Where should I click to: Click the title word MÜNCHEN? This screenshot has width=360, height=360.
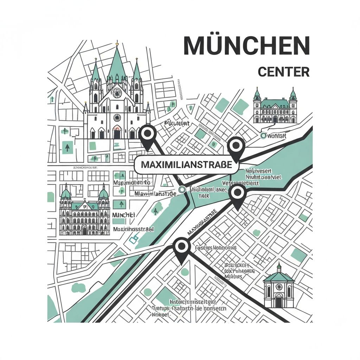(246, 45)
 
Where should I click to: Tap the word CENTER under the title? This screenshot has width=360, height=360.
(283, 72)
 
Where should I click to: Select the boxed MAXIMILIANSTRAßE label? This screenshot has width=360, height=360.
(186, 165)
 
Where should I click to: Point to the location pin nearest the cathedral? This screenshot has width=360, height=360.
(148, 135)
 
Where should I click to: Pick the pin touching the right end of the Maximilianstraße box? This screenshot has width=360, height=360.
(236, 146)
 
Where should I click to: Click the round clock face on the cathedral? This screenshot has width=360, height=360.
(117, 93)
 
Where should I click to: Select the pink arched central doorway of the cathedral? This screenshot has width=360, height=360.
(117, 132)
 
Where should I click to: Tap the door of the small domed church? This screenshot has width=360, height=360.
(279, 301)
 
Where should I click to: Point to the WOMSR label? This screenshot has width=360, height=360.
(278, 136)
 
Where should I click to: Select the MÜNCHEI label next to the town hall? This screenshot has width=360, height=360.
(123, 215)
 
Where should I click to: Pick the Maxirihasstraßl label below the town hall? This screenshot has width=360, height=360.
(134, 229)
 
